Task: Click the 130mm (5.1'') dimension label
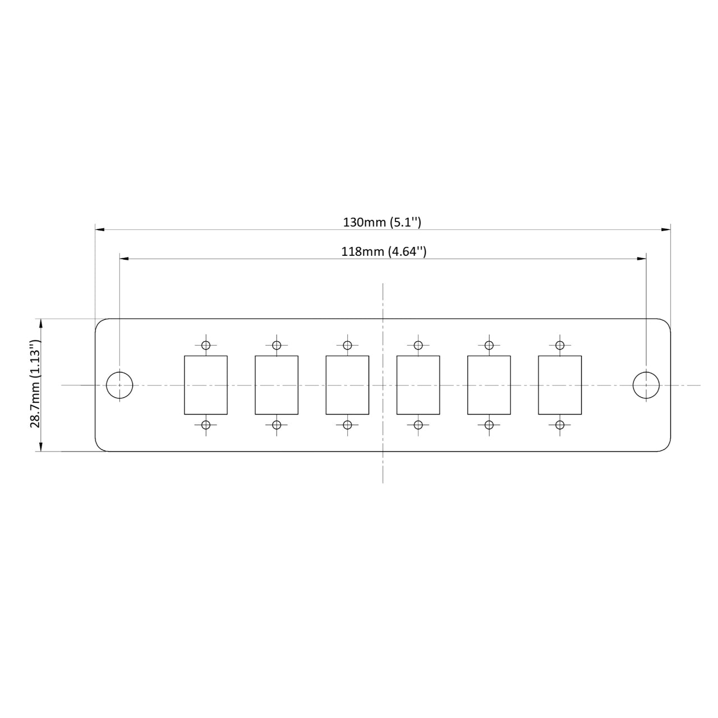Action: tap(382, 222)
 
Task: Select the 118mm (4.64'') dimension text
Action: tap(384, 251)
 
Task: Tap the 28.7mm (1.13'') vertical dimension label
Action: tap(35, 385)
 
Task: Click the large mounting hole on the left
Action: tap(119, 385)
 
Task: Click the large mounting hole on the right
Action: tap(646, 385)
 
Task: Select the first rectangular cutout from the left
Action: tap(206, 385)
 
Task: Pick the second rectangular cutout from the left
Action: tap(277, 385)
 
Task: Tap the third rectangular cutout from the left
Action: tap(347, 385)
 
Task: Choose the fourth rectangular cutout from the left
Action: tap(418, 385)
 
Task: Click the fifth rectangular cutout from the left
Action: tap(489, 385)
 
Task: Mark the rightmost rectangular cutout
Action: tap(559, 385)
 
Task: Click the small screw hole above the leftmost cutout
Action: tap(206, 345)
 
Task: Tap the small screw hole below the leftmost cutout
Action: tap(206, 425)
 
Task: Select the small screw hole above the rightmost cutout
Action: tap(559, 345)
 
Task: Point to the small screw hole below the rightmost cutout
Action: tap(559, 425)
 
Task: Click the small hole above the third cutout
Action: tap(347, 345)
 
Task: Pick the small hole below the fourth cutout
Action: tap(418, 425)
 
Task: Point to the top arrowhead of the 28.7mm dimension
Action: tap(40, 323)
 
